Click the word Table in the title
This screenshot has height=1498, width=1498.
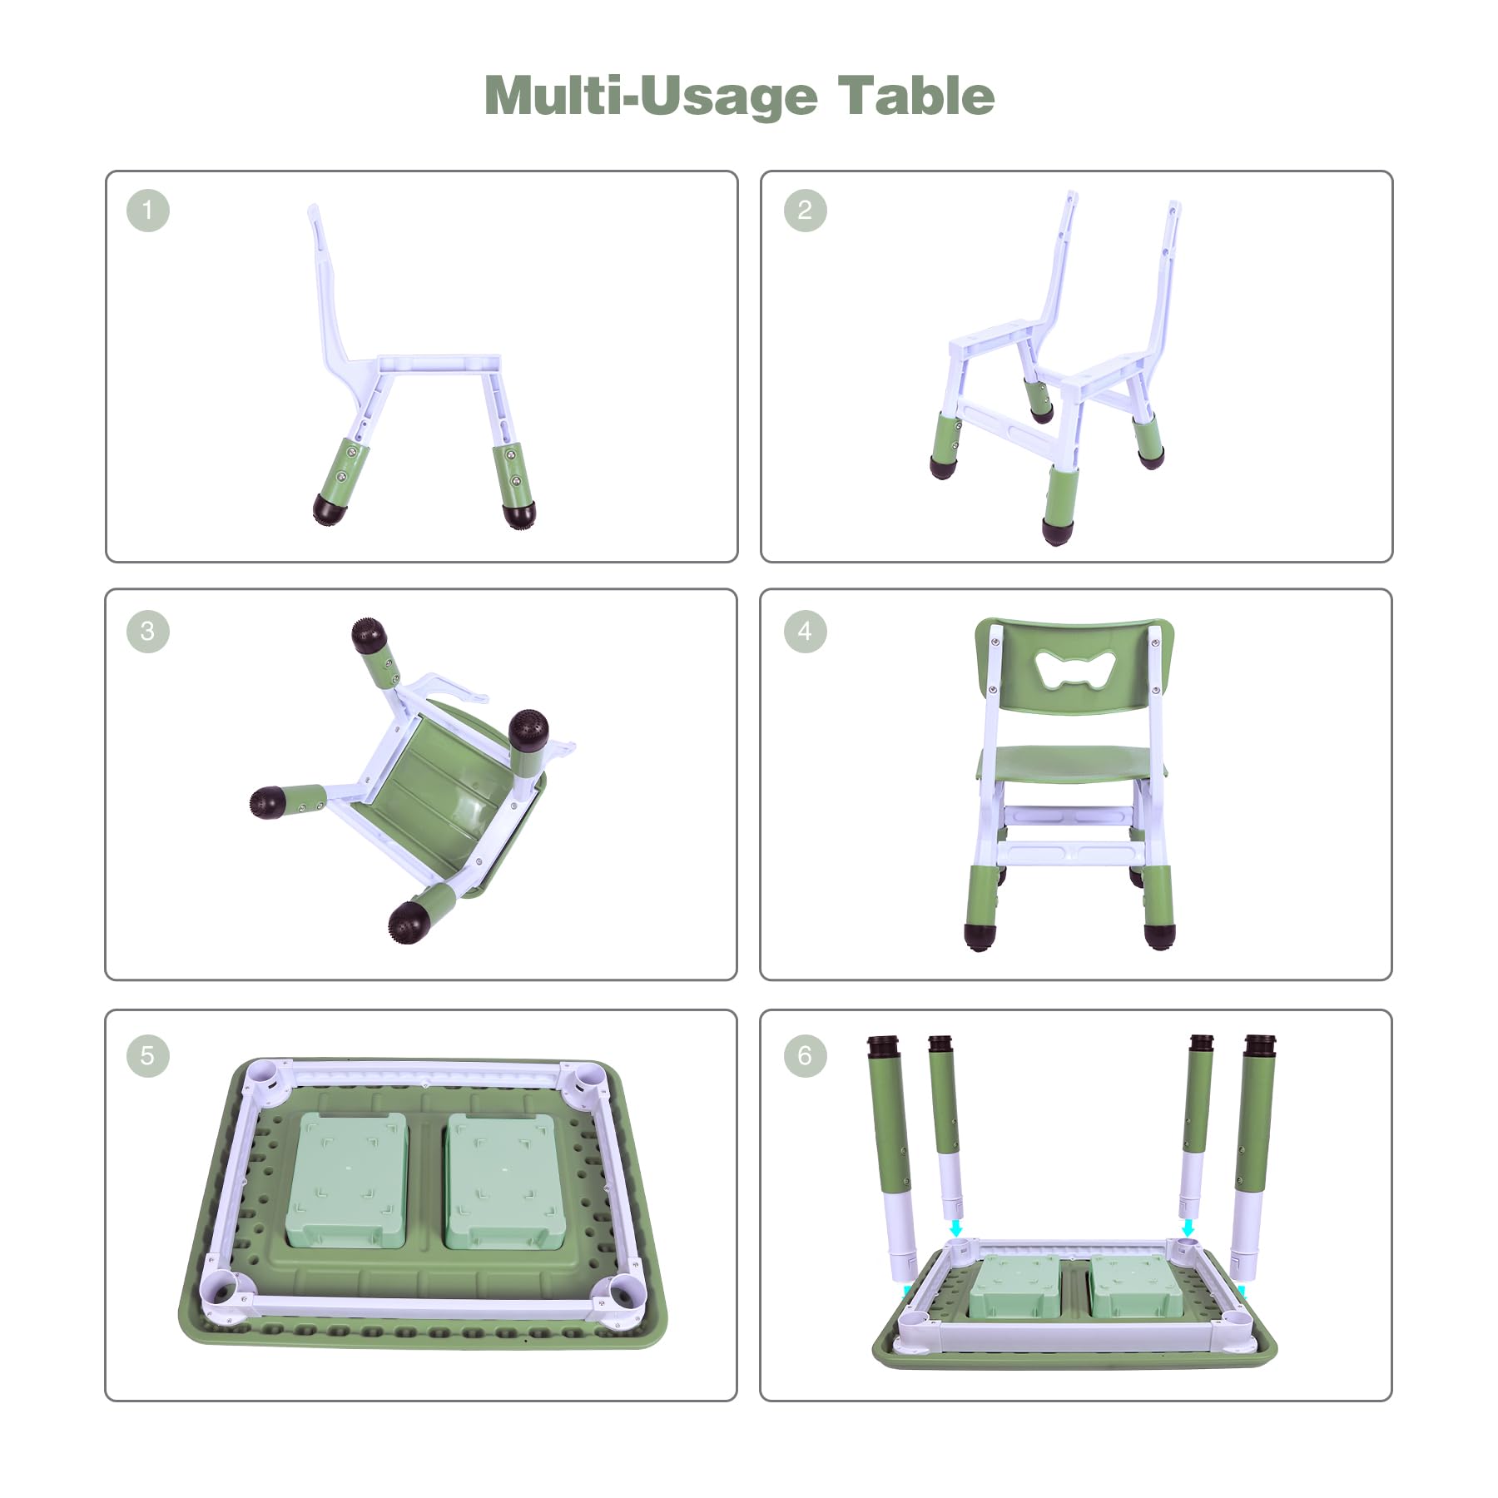[x=915, y=96]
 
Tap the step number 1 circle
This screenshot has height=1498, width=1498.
[x=148, y=210]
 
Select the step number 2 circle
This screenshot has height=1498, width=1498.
[x=805, y=210]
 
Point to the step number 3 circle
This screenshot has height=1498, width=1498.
[x=148, y=631]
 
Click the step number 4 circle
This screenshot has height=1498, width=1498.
[x=805, y=631]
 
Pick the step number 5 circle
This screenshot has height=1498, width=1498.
[x=148, y=1055]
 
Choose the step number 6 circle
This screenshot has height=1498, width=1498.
[x=805, y=1055]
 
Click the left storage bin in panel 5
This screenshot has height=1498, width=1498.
[x=346, y=1179]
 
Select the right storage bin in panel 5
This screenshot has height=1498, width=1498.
[x=501, y=1181]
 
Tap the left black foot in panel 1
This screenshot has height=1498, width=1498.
[x=330, y=508]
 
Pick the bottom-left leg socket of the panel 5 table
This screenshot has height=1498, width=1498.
[x=222, y=1294]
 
